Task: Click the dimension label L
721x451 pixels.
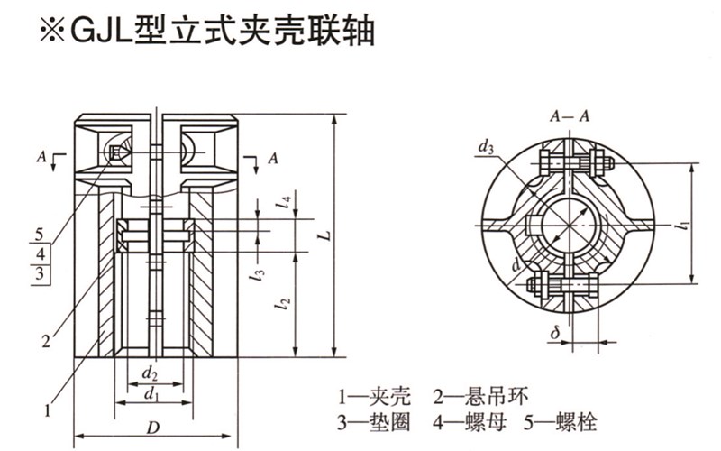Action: (327, 235)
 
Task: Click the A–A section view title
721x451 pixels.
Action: (570, 115)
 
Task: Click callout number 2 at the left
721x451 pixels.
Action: (44, 340)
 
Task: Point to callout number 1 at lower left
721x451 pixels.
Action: (49, 408)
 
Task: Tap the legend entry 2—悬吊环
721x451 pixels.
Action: (472, 396)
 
